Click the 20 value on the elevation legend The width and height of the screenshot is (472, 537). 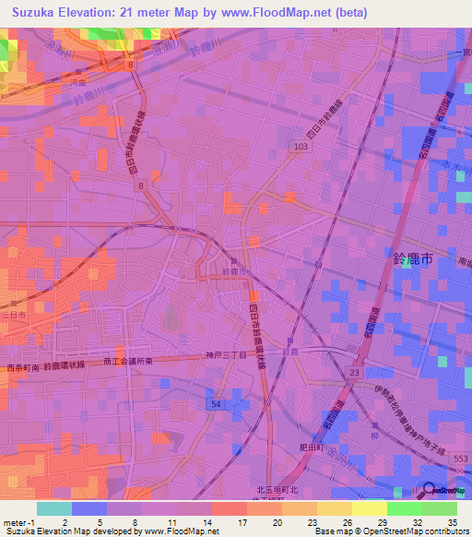[277, 521]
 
